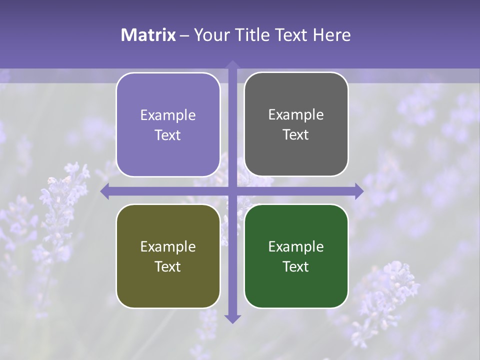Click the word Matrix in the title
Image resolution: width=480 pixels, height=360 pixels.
tap(148, 35)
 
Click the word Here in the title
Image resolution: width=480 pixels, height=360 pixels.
tap(331, 35)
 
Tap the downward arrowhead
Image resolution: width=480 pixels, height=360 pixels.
tap(232, 318)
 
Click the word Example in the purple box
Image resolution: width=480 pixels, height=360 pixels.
tap(168, 115)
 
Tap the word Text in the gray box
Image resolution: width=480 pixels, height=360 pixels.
tap(296, 135)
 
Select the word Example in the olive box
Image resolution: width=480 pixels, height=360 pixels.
tap(168, 246)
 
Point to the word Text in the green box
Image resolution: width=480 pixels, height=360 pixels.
tap(296, 266)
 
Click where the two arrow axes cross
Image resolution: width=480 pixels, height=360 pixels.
tap(232, 191)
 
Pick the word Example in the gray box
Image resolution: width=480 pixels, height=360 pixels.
tap(296, 115)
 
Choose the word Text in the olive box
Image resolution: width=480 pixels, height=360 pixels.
tap(168, 266)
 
